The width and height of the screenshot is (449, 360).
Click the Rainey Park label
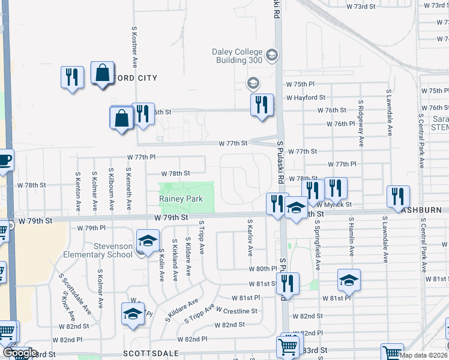181,199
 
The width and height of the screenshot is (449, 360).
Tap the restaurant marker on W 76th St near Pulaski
262,104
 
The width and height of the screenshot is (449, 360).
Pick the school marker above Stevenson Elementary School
148,241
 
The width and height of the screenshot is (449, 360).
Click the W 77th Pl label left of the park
142,157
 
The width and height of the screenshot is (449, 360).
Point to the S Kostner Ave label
135,46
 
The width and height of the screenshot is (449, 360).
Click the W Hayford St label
306,97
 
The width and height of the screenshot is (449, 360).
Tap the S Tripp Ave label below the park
202,237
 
